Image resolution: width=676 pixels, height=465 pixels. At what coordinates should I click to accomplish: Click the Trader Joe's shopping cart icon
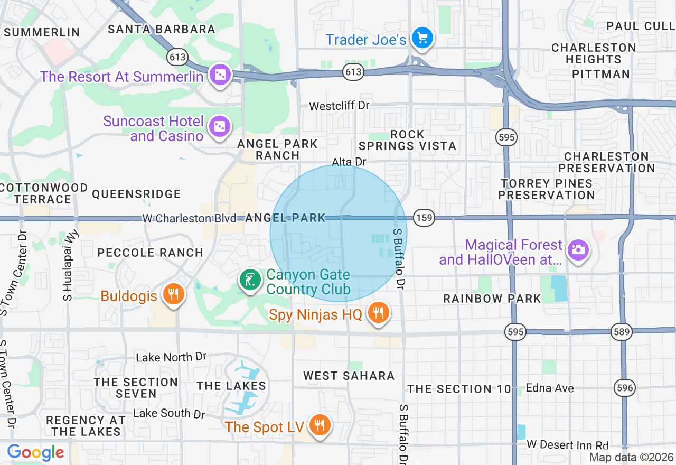422,38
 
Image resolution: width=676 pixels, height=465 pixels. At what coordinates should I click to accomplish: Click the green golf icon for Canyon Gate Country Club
250,280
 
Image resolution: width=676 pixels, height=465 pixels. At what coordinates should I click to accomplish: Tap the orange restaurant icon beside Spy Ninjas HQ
378,313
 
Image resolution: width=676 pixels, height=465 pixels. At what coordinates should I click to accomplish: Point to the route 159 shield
424,217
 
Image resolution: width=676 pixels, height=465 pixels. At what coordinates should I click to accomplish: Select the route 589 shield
621,332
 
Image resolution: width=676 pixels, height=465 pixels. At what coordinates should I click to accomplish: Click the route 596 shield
625,388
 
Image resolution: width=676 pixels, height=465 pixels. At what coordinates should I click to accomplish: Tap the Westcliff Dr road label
339,106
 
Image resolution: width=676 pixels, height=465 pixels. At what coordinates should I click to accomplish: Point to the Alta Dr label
349,162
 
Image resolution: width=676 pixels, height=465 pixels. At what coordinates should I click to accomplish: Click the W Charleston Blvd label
189,218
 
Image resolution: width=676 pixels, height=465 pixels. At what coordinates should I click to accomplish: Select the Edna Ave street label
550,388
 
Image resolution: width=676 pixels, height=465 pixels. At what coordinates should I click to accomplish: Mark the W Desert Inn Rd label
567,445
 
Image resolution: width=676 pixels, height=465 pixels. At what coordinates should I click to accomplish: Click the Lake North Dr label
171,358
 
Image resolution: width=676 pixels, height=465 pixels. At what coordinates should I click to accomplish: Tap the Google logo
35,452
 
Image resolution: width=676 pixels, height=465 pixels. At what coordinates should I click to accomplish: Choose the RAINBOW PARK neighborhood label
492,299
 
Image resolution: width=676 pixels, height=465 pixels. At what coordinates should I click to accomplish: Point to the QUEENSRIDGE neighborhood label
136,194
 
